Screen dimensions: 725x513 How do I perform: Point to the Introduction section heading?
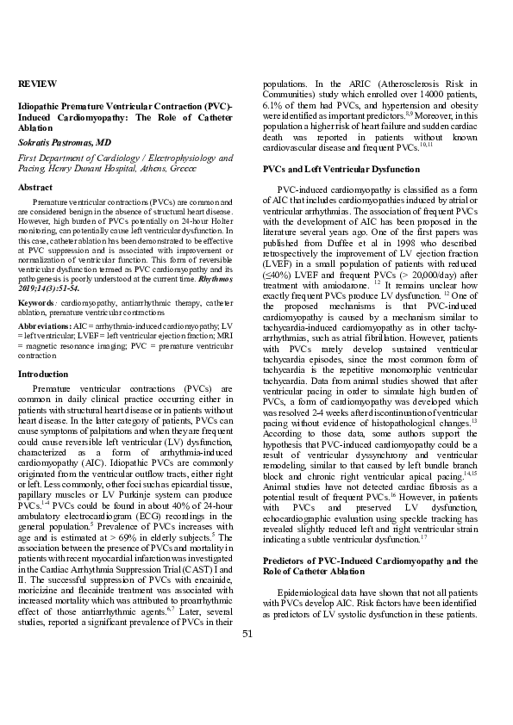43,375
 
